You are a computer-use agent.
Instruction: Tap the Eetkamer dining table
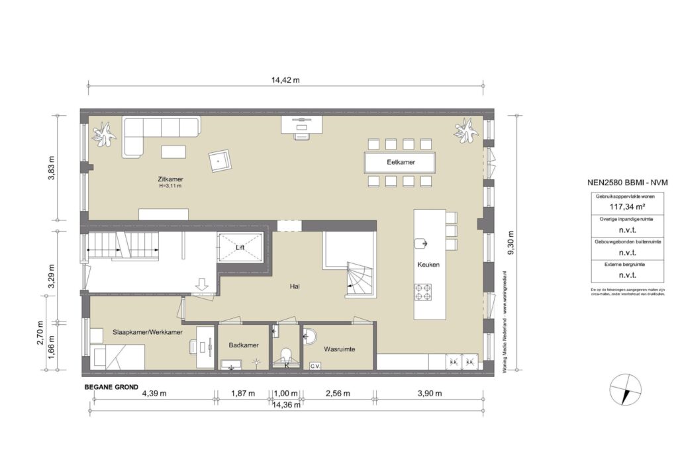coord(399,162)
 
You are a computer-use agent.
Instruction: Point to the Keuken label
coord(428,264)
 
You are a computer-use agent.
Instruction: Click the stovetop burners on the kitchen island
coord(424,291)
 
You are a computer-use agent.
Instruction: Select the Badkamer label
coord(243,345)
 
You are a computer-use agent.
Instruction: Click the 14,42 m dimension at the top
coord(285,80)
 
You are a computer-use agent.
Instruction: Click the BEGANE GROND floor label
coord(111,387)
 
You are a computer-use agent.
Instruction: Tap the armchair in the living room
coord(220,159)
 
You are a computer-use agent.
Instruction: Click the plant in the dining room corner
coord(466,131)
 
